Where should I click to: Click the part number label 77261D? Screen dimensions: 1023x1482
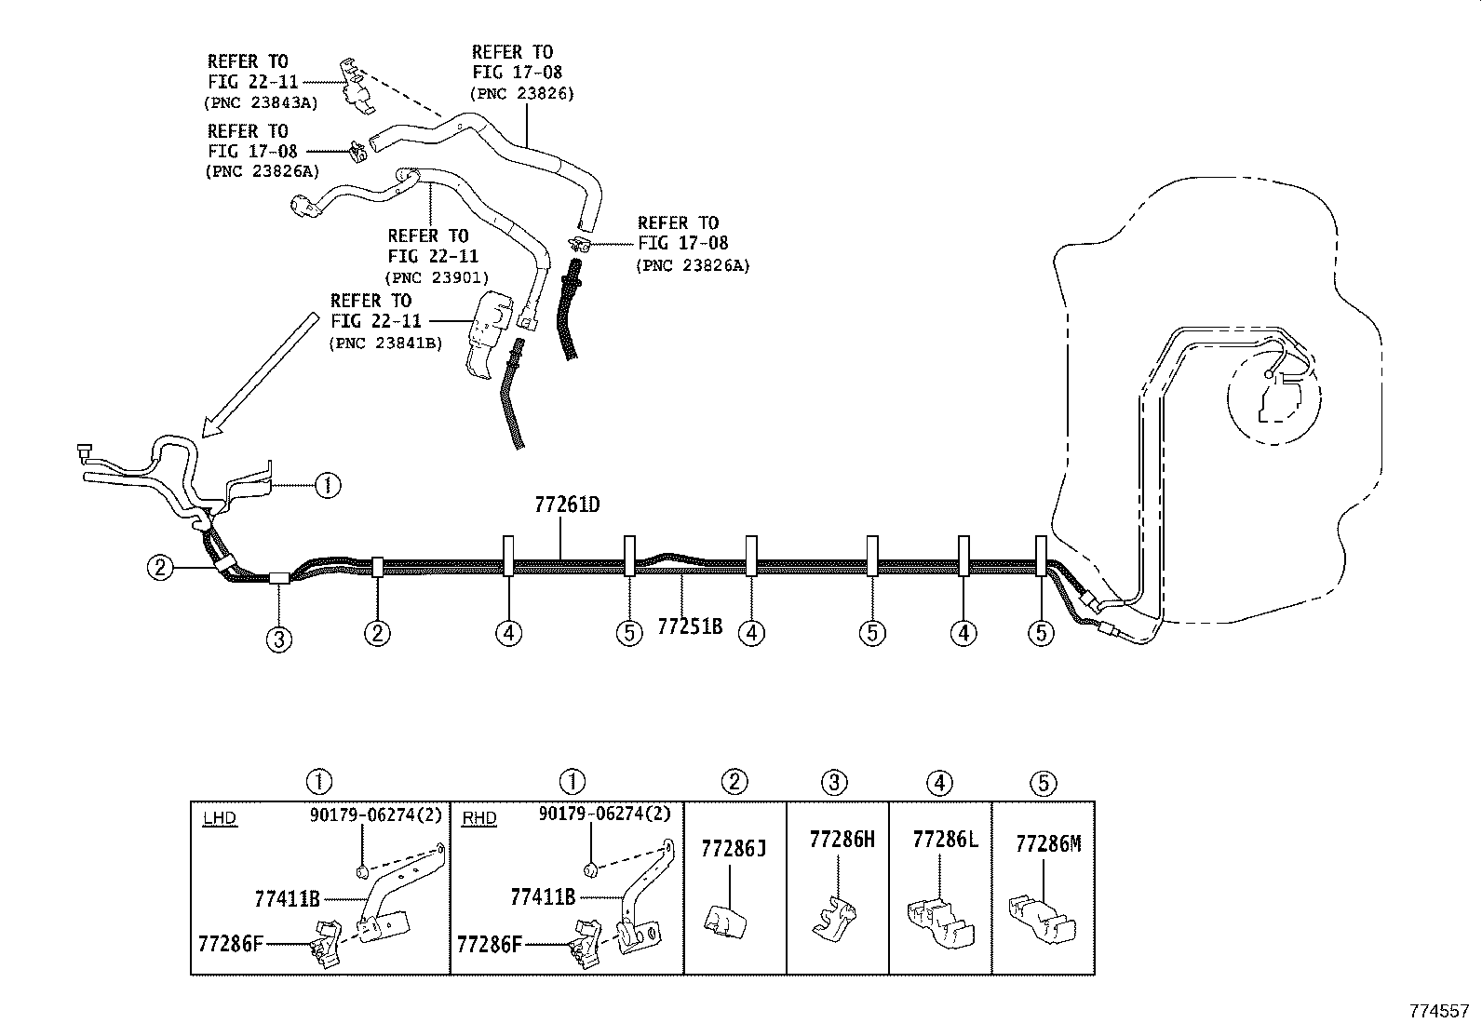click(x=567, y=505)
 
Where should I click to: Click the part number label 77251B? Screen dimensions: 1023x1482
click(x=690, y=626)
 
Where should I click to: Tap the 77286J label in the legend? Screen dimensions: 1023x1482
click(x=734, y=848)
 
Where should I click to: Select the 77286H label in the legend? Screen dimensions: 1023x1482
click(x=842, y=840)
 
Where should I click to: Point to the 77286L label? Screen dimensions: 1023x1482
click(x=946, y=840)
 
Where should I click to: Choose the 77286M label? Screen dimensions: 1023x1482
click(x=1048, y=843)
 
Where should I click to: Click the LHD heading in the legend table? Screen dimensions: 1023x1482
click(x=220, y=819)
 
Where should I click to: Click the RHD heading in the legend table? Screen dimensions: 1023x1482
click(x=478, y=819)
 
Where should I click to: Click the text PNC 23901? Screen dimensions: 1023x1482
click(x=437, y=277)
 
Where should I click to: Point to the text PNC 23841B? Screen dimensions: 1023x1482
click(x=385, y=343)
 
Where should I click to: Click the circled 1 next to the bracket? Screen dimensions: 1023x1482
click(x=328, y=485)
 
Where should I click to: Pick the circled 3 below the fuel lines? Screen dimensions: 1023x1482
click(x=279, y=639)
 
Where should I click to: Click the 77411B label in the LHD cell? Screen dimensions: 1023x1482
click(x=287, y=899)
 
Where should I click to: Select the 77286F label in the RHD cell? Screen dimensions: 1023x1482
click(x=490, y=944)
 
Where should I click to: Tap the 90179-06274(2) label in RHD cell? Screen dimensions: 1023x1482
click(x=604, y=814)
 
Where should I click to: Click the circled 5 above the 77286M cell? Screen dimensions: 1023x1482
click(x=1044, y=782)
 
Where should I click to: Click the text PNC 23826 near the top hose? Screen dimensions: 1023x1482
click(x=522, y=93)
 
